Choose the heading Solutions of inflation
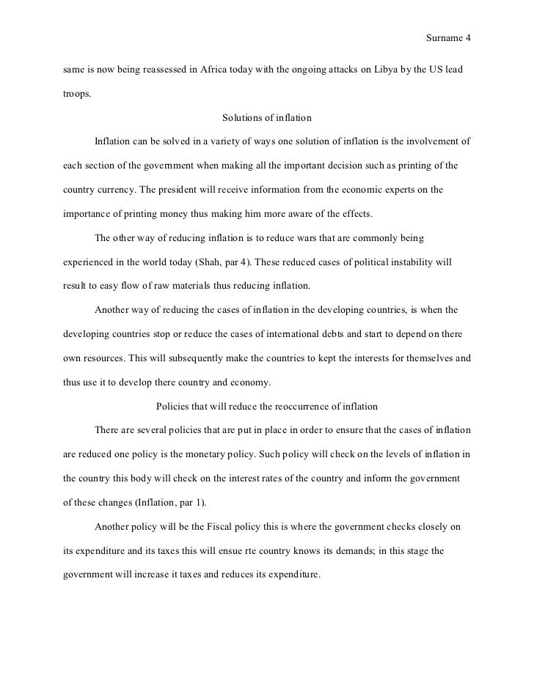(266, 117)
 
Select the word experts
(395, 189)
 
